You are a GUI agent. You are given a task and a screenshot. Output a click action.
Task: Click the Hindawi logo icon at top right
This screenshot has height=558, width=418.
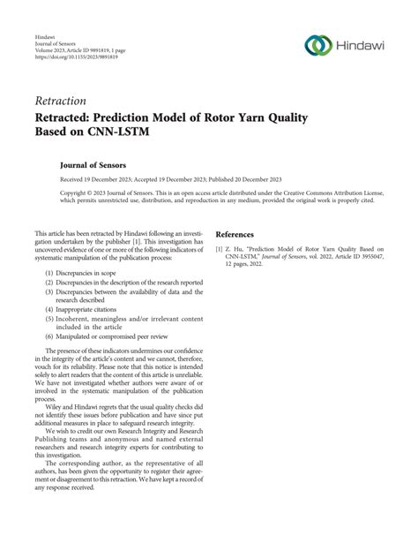click(317, 43)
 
